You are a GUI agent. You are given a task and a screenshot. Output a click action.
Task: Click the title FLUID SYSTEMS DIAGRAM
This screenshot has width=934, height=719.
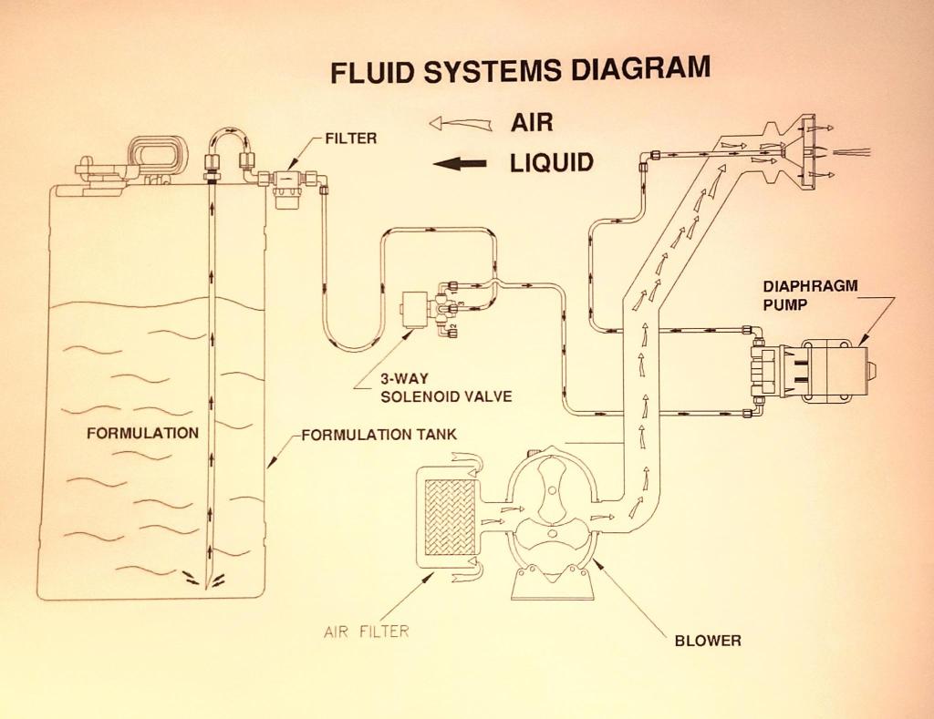[x=520, y=70]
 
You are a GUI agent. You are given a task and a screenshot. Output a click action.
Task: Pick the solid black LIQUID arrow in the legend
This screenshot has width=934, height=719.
[x=462, y=164]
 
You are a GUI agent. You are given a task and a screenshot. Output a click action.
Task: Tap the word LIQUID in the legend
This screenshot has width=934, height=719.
[x=551, y=163]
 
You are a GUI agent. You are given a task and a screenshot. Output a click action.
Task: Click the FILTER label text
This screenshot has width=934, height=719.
[x=350, y=139]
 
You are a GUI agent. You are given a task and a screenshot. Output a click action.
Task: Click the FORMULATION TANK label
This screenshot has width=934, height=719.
[x=379, y=435]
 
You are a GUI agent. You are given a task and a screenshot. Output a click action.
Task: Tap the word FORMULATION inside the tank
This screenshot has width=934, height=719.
[x=142, y=433]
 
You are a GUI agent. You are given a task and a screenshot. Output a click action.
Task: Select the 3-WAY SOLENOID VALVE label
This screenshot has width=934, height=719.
[x=432, y=389]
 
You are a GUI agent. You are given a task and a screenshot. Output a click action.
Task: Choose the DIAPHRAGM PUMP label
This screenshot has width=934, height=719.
[x=810, y=294]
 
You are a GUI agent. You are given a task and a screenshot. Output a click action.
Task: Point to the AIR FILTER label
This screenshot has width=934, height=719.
[x=366, y=631]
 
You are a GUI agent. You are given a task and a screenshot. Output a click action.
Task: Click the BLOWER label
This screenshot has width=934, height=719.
[x=707, y=641]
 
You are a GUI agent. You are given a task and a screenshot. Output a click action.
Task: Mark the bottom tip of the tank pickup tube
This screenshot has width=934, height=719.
[x=209, y=583]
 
